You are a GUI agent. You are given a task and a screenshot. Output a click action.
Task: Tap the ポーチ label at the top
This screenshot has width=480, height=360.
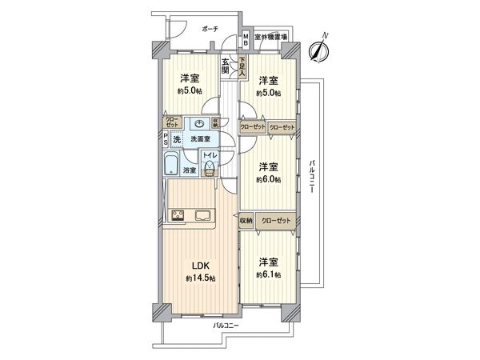(x=210, y=29)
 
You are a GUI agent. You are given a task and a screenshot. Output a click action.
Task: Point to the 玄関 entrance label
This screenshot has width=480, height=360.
(x=226, y=66)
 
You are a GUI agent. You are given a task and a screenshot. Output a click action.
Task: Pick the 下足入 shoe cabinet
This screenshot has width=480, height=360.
(x=241, y=64)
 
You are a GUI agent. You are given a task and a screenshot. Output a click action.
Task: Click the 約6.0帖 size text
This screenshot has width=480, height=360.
(x=268, y=180)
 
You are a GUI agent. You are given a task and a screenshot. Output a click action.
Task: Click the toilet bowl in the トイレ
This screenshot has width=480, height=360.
(x=210, y=166)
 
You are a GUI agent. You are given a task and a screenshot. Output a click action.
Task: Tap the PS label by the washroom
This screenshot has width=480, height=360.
(x=166, y=141)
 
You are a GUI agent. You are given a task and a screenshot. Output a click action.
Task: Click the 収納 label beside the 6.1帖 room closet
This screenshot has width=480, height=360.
(x=246, y=220)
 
